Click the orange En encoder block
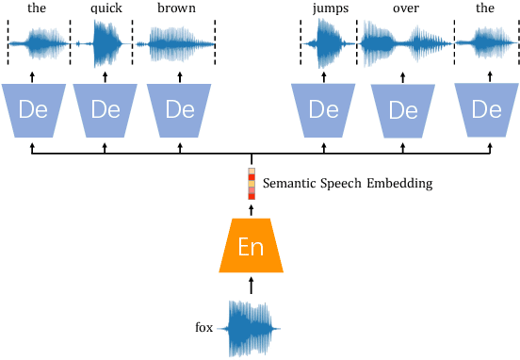click(x=251, y=246)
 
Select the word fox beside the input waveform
click(x=203, y=328)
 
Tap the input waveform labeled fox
click(x=251, y=328)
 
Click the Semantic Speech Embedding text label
click(x=348, y=184)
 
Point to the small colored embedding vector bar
click(x=252, y=184)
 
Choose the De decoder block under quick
click(x=105, y=108)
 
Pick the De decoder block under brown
click(x=179, y=108)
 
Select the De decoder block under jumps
click(x=323, y=108)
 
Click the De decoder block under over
click(x=403, y=109)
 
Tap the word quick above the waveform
click(x=106, y=8)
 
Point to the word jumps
click(x=329, y=8)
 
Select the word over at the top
click(x=405, y=8)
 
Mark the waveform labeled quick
click(x=106, y=43)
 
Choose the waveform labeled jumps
click(x=326, y=43)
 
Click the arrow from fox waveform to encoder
click(x=252, y=285)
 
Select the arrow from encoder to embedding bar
click(x=252, y=209)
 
